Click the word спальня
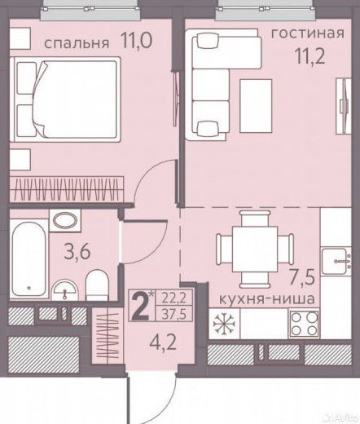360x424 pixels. click(x=77, y=43)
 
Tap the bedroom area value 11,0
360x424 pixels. click(x=137, y=40)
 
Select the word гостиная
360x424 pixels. click(x=308, y=33)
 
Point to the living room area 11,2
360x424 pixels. click(x=310, y=56)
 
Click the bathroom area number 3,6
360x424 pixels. click(x=77, y=251)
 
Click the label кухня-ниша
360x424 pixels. click(x=267, y=299)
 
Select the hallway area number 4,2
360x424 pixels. click(x=164, y=342)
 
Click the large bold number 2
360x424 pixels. click(x=140, y=307)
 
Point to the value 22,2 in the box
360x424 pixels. click(x=174, y=299)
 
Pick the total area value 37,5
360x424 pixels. click(x=174, y=315)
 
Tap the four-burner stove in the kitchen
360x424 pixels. click(x=304, y=324)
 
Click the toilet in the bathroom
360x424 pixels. click(x=97, y=285)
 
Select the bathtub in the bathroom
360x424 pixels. click(x=29, y=259)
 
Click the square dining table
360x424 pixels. click(x=255, y=250)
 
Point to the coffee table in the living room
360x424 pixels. click(x=256, y=106)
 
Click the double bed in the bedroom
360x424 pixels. click(x=65, y=99)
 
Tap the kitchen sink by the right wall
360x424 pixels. click(x=336, y=262)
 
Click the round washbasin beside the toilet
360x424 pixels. click(x=64, y=290)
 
